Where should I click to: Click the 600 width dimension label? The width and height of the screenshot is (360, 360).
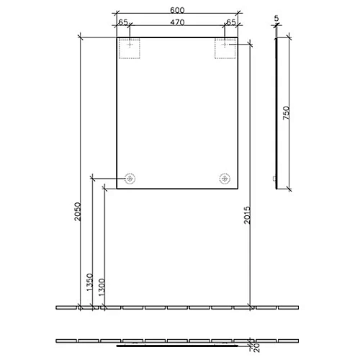177,10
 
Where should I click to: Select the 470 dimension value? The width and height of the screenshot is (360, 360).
177,22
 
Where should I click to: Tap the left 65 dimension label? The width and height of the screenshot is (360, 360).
123,22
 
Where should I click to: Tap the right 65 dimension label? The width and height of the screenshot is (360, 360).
231,22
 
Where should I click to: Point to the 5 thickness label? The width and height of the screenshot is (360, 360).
276,18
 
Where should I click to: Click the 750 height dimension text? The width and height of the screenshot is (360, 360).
287,113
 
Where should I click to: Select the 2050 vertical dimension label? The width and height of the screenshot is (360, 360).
78,212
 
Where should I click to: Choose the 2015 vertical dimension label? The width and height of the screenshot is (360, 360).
247,215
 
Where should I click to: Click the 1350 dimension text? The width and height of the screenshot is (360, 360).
89,282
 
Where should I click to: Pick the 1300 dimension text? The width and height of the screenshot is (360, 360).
102,287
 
